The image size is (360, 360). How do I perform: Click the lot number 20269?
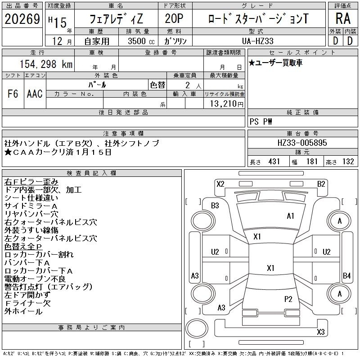click(22, 19)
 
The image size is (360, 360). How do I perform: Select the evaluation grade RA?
click(343, 18)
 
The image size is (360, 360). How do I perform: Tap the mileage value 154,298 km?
click(46, 64)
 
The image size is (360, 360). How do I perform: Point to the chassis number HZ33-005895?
click(302, 143)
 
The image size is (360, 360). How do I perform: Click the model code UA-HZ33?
click(257, 41)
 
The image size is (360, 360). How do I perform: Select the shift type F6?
click(13, 94)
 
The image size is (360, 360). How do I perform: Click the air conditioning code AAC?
click(35, 94)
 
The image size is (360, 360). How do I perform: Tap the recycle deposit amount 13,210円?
click(226, 104)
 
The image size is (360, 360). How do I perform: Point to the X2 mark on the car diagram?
click(220, 184)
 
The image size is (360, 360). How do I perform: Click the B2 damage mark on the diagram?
click(321, 184)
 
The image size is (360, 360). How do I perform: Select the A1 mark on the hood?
click(290, 216)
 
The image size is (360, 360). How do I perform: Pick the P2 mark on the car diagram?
click(288, 299)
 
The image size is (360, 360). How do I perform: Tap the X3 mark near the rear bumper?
click(321, 332)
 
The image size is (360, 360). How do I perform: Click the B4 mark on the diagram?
click(346, 275)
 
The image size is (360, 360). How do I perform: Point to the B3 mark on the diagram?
click(215, 206)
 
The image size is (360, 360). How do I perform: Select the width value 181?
click(312, 162)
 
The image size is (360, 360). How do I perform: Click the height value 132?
click(348, 162)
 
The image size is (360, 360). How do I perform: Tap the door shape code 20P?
click(174, 18)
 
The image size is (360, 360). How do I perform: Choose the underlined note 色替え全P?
click(23, 246)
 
